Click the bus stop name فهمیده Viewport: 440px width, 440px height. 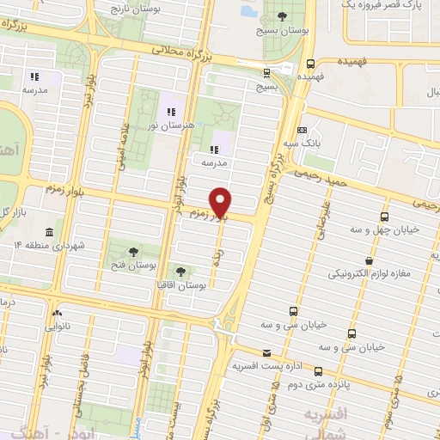[x=335, y=63]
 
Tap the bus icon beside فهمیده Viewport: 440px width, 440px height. [x=310, y=63]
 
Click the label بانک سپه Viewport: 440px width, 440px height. [x=320, y=144]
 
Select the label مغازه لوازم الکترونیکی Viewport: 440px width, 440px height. [x=369, y=275]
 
